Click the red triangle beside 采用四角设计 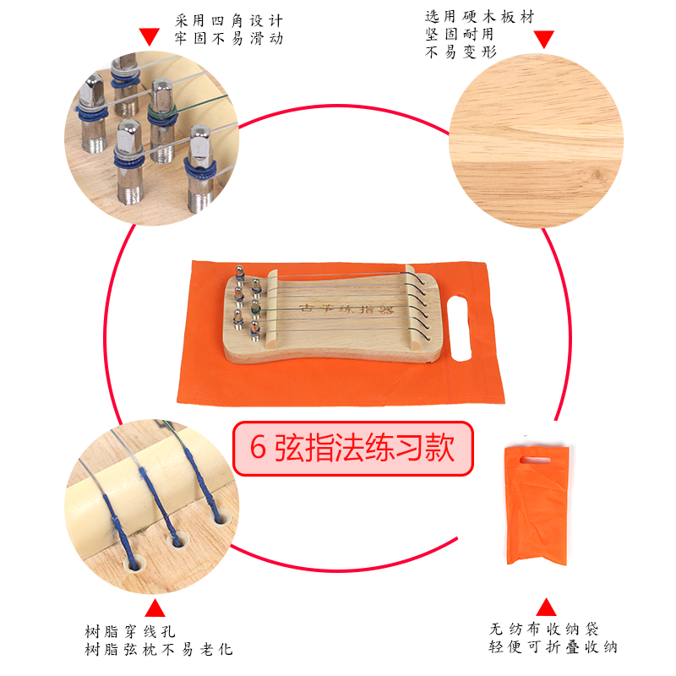click(x=149, y=35)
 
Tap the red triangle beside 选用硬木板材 click(x=544, y=38)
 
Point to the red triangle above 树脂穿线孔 click(x=155, y=608)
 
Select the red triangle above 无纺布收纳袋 click(x=547, y=606)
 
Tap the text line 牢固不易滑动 click(x=229, y=39)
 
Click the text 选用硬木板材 click(x=478, y=17)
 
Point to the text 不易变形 click(x=460, y=52)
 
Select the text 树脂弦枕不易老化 click(x=159, y=650)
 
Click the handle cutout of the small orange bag click(x=534, y=460)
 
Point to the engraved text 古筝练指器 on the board click(x=335, y=310)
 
